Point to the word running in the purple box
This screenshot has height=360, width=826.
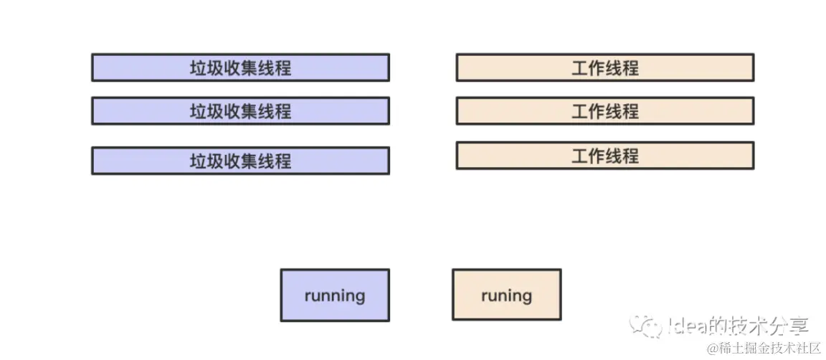[x=334, y=295]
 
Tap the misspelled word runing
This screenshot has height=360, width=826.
[x=506, y=295]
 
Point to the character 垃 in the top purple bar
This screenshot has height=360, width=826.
[x=198, y=68]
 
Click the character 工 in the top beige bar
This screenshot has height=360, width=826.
[x=579, y=68]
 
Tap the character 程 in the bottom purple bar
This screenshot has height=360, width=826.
[x=283, y=161]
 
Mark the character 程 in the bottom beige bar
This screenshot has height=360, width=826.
[x=630, y=156]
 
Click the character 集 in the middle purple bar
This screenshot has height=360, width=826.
[x=249, y=111]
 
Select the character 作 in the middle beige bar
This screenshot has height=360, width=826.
[x=597, y=111]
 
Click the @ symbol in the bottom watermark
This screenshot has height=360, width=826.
[x=713, y=349]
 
